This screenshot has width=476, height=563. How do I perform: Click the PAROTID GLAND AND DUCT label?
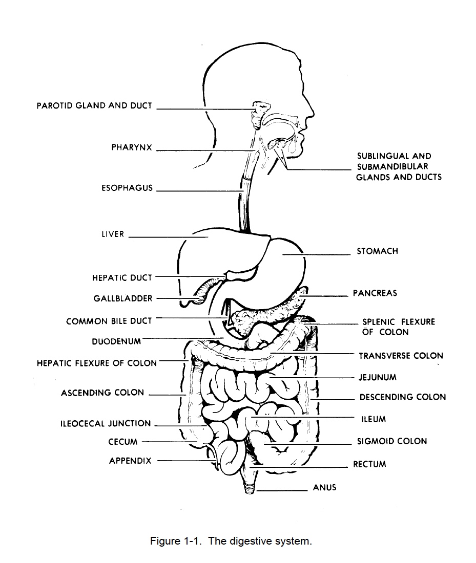[x=94, y=106]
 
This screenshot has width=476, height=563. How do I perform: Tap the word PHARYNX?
[x=132, y=147]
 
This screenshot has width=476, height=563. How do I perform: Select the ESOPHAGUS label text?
[x=127, y=188]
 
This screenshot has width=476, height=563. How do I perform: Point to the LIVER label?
[x=113, y=234]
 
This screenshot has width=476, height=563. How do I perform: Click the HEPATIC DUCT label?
[x=122, y=277]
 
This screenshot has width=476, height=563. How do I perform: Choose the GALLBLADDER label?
[x=123, y=298]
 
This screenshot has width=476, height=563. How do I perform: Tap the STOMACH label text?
[x=377, y=251]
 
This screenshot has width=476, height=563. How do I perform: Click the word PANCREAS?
[x=375, y=293]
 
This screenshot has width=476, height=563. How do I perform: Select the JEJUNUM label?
[x=378, y=377]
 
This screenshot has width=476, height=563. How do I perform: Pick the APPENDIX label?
[x=130, y=461]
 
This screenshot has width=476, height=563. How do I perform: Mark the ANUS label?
[x=325, y=487]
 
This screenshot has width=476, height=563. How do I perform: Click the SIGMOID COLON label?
[x=391, y=441]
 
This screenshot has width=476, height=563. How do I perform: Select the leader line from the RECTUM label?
[x=302, y=466]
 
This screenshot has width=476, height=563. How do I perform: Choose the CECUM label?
[x=123, y=442]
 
